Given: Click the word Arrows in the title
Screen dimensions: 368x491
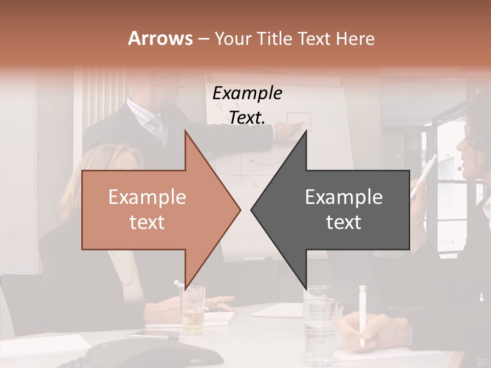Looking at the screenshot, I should pyautogui.click(x=160, y=38).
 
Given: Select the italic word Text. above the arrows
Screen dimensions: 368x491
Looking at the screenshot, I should pyautogui.click(x=247, y=118).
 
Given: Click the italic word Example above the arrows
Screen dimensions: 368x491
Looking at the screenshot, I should pyautogui.click(x=247, y=94).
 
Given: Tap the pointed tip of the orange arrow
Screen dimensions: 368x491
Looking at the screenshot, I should pyautogui.click(x=239, y=210).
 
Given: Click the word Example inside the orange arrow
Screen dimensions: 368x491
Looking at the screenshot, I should pyautogui.click(x=147, y=197).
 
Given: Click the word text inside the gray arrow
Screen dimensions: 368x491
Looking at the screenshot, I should pyautogui.click(x=344, y=222).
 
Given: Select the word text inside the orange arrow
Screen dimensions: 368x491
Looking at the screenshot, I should pyautogui.click(x=147, y=222).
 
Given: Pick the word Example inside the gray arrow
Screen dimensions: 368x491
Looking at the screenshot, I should pyautogui.click(x=344, y=197).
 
